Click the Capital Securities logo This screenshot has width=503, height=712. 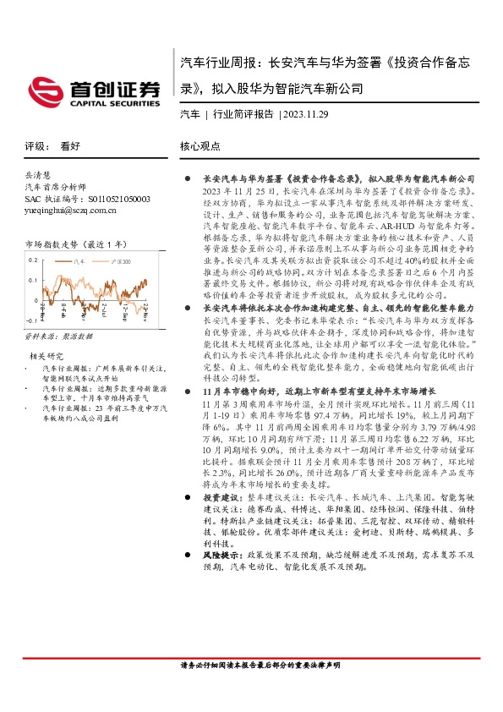pyautogui.click(x=92, y=90)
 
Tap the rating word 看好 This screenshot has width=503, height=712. pyautogui.click(x=70, y=145)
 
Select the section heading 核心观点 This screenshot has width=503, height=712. pyautogui.click(x=200, y=145)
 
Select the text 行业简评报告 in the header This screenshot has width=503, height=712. pyautogui.click(x=242, y=114)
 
